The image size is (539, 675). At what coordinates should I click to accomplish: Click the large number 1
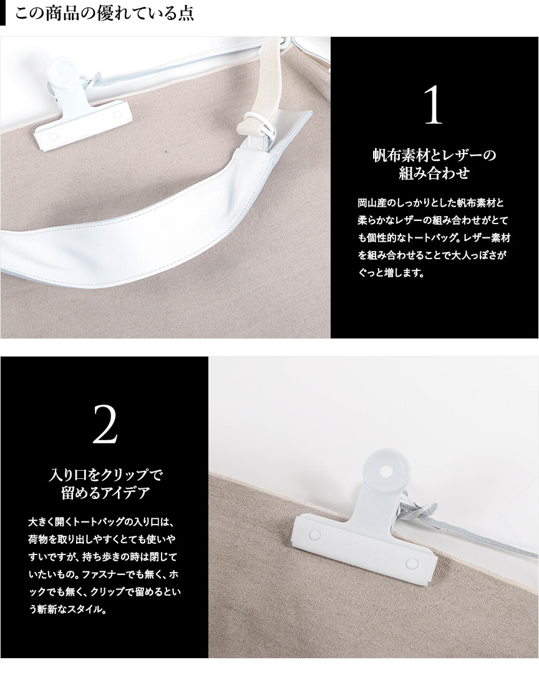pos(434,105)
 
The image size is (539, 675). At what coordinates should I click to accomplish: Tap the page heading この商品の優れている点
pos(105,12)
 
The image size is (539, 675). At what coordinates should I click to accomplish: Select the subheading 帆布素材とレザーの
pos(434,155)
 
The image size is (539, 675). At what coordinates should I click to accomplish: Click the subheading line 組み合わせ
pos(434,173)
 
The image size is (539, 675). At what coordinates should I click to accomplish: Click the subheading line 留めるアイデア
pos(105,493)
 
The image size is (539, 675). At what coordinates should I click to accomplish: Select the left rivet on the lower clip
pos(314,535)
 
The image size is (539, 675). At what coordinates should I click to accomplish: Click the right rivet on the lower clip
pos(412,563)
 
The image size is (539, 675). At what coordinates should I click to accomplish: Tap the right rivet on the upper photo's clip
pos(117,114)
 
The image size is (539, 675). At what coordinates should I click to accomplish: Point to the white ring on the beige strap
pos(259,124)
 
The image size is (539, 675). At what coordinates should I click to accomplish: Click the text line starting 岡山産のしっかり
pos(430,202)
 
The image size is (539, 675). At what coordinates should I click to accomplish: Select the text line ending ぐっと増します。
pos(391,273)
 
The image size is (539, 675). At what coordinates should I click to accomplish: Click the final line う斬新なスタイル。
pos(68,609)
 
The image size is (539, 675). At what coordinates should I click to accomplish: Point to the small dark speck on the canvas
pos(166,152)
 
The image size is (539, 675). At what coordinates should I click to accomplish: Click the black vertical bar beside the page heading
pos(2,12)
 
